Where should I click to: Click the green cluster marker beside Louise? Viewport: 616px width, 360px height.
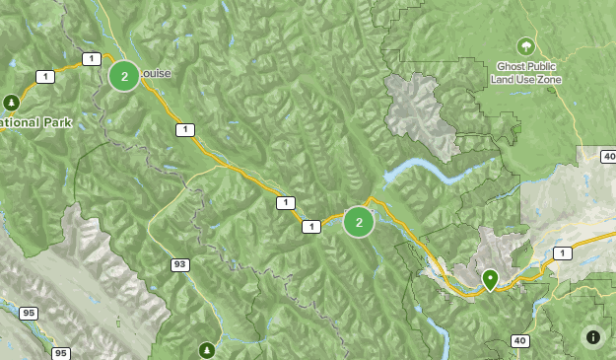click(x=123, y=75)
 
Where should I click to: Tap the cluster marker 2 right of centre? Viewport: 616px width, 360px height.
click(x=359, y=222)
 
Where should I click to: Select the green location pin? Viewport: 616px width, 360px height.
click(x=490, y=280)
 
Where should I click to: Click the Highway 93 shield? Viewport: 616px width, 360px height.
click(x=179, y=264)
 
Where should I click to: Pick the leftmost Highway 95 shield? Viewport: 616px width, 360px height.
click(x=29, y=313)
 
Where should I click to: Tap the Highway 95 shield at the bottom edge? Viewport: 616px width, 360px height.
click(x=61, y=352)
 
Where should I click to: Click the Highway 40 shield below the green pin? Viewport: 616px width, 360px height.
click(x=519, y=340)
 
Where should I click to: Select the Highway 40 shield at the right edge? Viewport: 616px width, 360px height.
click(x=608, y=156)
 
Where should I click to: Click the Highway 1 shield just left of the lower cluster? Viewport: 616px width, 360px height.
click(x=312, y=227)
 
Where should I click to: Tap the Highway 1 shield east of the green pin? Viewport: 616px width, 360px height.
click(x=562, y=253)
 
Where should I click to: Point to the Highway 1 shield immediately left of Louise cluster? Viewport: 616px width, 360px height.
click(x=91, y=59)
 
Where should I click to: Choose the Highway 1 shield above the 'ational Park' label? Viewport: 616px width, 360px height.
click(x=44, y=76)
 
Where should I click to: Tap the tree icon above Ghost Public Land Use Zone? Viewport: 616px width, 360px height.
click(x=526, y=45)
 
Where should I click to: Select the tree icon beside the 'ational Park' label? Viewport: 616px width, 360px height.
click(x=11, y=102)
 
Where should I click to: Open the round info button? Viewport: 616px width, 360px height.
click(x=592, y=337)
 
